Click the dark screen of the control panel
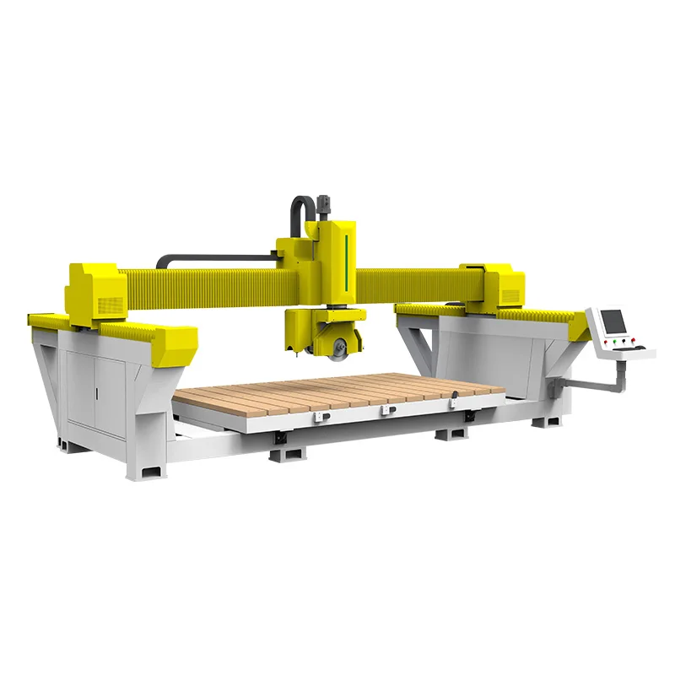(x=613, y=321)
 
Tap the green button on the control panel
(x=614, y=341)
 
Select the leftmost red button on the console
(x=606, y=342)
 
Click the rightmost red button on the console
(x=633, y=340)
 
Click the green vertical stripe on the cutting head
(x=346, y=257)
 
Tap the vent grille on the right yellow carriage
(x=510, y=296)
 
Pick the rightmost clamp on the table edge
(x=453, y=402)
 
